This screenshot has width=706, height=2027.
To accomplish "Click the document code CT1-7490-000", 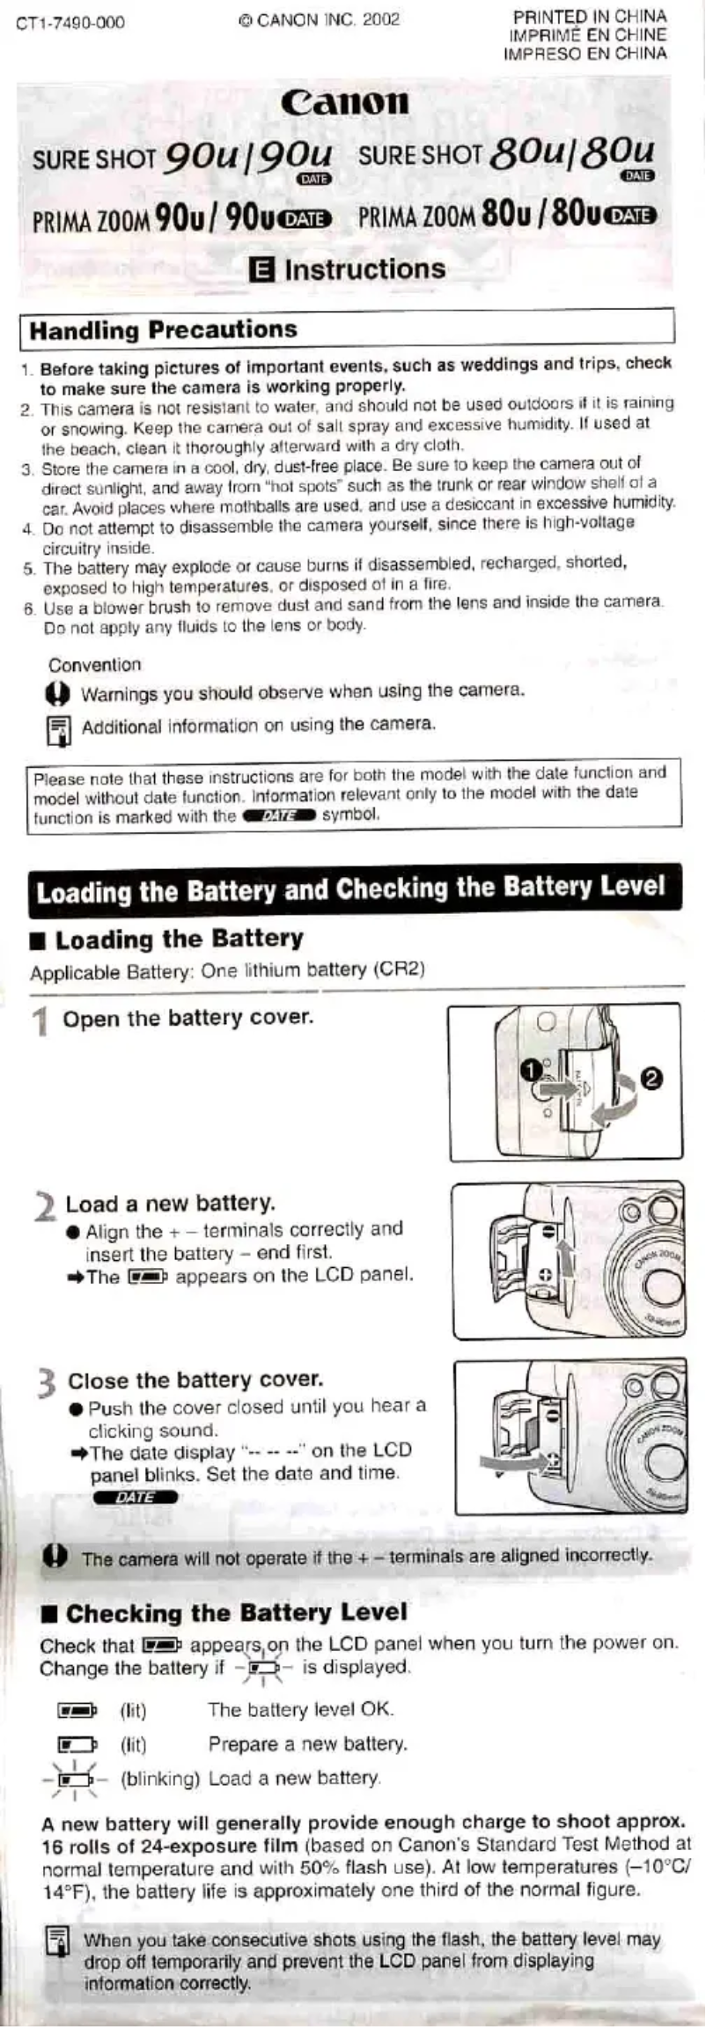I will coord(70,22).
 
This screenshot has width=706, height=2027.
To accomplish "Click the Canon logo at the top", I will coord(345,102).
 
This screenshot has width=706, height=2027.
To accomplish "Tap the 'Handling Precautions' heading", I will coord(163,330).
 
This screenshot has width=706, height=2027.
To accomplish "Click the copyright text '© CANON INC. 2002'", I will coord(319,19).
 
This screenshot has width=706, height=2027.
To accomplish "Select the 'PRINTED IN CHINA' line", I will coord(590,17).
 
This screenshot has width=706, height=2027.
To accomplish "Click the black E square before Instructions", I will coord(261,270).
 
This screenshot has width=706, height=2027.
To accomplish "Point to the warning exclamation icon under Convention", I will coord(56,695).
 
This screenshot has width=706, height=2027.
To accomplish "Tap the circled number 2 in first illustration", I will coord(652,1079).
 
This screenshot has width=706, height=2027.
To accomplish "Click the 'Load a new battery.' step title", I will coord(170,1203).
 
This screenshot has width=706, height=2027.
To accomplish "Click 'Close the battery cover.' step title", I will coord(195,1380).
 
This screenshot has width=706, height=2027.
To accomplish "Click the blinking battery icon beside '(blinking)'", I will coord(75,1779).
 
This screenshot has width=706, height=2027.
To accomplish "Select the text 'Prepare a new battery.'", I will coord(307,1743).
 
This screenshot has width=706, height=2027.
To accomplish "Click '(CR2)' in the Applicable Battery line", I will coord(399,969).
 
